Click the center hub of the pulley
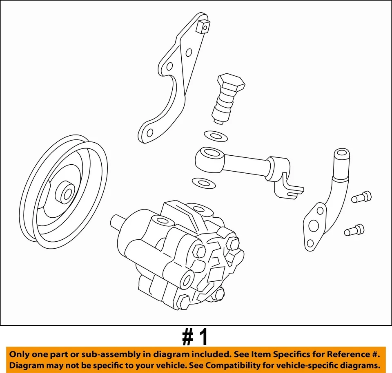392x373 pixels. coord(65,192)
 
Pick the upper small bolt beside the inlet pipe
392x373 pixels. coord(361,197)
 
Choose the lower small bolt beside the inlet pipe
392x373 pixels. coord(354,230)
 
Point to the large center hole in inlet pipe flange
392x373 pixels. coord(314,225)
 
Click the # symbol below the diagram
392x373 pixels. coord(187,337)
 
